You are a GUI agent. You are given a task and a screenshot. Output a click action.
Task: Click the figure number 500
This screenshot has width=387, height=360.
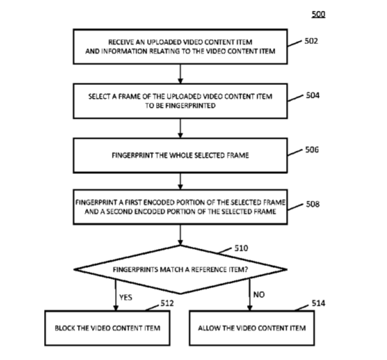tap(318, 14)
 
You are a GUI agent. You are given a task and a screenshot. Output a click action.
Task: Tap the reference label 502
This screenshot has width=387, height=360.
tap(312, 41)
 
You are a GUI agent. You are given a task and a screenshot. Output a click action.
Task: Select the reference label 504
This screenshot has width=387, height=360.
tap(313, 95)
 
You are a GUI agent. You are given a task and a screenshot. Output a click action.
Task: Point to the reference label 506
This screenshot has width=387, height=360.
tap(312, 150)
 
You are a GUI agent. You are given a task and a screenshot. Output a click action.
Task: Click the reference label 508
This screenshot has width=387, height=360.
tap(313, 204)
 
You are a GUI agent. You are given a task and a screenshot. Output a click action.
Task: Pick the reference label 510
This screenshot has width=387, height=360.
tap(241, 248)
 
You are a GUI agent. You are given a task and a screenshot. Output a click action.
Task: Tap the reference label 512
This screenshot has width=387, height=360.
tap(167, 303)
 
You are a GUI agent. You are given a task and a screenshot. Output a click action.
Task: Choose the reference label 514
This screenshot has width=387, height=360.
tap(319, 303)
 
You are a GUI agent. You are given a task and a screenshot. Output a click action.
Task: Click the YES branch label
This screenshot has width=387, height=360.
tap(125, 297)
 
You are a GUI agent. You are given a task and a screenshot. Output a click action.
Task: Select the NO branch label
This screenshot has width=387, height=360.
tap(259, 294)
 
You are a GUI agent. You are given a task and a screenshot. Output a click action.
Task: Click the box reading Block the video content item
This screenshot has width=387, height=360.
tap(107, 328)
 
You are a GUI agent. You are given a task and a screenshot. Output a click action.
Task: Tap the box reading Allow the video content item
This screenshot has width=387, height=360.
tap(252, 328)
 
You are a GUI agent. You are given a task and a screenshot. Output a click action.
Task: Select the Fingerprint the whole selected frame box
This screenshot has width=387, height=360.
tap(180, 155)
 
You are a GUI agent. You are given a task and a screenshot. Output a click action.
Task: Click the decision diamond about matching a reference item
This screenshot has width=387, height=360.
tap(180, 269)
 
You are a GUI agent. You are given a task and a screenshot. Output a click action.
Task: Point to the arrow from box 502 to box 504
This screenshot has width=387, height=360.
tap(180, 74)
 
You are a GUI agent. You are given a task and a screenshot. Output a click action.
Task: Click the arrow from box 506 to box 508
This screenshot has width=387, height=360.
tap(180, 182)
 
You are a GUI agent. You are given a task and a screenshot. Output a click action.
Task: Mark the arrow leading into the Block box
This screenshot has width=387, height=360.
tap(116, 295)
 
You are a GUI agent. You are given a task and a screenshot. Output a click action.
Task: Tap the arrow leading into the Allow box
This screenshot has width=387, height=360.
tap(249, 295)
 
